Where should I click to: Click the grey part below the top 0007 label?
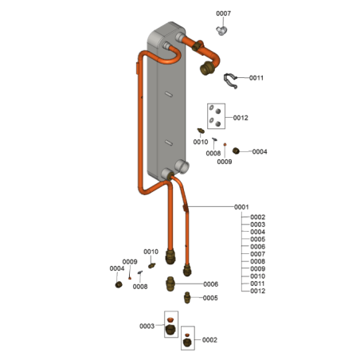coord(221,31)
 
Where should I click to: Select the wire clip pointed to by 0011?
coord(230,80)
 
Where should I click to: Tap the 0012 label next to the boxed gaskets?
coord(241,118)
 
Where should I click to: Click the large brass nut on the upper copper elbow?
coord(205,68)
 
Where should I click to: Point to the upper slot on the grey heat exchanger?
coord(169,94)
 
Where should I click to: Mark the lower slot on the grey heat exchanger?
coord(169,143)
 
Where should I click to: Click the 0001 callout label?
coord(241,207)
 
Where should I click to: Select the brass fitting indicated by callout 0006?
coord(170,284)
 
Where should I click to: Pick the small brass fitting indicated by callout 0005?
coord(187,297)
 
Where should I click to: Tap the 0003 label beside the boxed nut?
coord(147,326)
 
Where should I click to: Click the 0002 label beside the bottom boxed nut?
coord(209,340)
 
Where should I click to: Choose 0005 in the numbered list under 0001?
coord(257,239)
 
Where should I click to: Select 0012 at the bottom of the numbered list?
coord(257,291)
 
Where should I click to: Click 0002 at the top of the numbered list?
coord(257,217)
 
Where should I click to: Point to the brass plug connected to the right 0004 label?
coord(236,151)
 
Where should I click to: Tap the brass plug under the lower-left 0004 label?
coord(119,284)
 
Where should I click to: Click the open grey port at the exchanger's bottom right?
coord(182,166)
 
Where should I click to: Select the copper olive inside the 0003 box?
coord(170,319)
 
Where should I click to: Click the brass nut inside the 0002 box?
coord(187,342)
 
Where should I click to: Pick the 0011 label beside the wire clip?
coord(256,78)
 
